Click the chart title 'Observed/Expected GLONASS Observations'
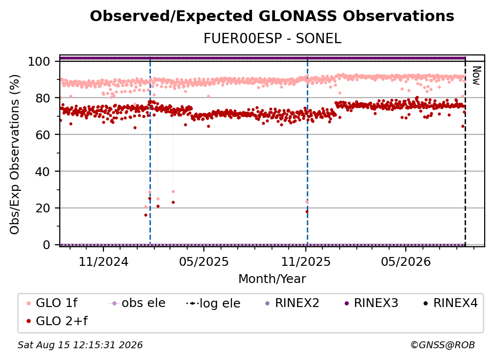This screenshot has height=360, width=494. click(272, 16)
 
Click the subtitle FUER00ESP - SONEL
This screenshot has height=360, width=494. click(272, 39)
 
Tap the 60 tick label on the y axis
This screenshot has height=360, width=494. click(43, 134)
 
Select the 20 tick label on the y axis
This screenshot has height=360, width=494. click(43, 208)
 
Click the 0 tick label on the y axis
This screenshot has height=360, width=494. click(47, 245)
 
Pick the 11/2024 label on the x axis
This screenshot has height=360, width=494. click(103, 261)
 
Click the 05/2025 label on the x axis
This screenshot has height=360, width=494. click(204, 261)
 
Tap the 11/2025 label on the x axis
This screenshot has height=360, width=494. click(306, 261)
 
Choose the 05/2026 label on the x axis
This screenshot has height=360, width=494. click(406, 261)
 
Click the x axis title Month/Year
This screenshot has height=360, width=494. click(272, 279)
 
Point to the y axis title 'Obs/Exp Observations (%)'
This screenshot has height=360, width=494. click(15, 154)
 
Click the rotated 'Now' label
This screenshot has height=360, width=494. click(476, 76)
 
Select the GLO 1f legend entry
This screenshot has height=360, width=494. click(52, 303)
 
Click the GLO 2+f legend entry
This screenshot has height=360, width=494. click(57, 321)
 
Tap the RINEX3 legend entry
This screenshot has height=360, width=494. click(372, 303)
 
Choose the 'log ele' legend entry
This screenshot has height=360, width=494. click(213, 303)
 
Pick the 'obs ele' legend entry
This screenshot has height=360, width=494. click(136, 303)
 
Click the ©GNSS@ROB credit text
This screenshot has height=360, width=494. click(443, 345)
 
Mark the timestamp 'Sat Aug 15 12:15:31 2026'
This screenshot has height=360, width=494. click(80, 345)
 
